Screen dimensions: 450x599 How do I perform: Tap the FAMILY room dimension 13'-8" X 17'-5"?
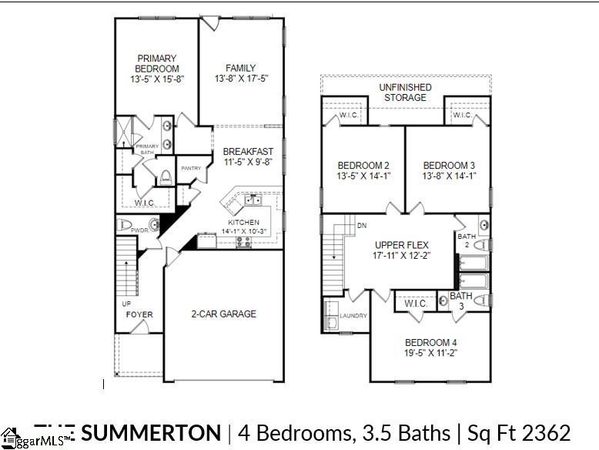[241, 79]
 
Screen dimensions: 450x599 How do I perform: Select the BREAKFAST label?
[248, 152]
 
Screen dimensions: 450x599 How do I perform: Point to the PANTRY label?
[191, 168]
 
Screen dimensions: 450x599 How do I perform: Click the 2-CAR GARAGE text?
[223, 314]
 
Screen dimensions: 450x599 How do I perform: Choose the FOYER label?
[139, 314]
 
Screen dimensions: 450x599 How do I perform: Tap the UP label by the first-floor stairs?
[127, 304]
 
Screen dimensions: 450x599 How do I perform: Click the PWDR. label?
[139, 230]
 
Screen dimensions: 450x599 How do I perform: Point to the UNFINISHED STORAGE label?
[405, 92]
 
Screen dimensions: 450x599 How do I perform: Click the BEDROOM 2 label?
[363, 166]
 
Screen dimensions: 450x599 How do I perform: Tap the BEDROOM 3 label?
[449, 166]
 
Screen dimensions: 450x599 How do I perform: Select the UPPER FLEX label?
[401, 244]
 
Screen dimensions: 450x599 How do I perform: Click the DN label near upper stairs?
[362, 226]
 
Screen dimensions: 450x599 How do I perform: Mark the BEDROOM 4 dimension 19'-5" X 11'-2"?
[431, 354]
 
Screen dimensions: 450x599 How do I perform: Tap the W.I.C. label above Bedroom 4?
[416, 303]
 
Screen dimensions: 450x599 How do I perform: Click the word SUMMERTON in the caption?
[150, 432]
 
